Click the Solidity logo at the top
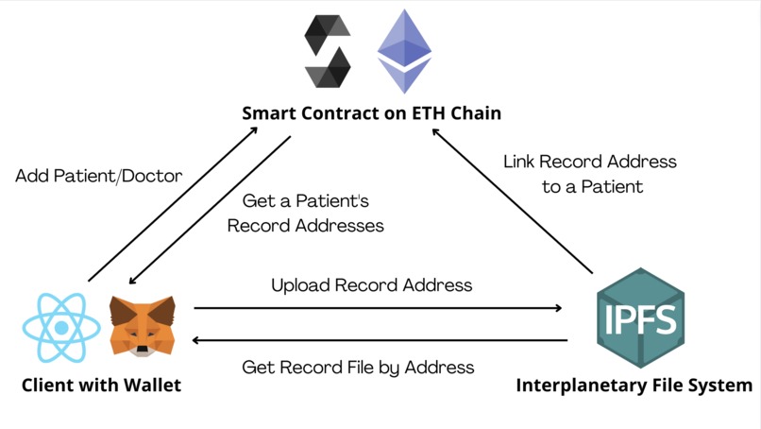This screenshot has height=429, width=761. click(x=328, y=52)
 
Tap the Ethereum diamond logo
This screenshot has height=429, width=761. click(x=404, y=51)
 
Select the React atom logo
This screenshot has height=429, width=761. click(x=60, y=327)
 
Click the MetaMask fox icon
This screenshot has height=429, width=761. click(x=143, y=325)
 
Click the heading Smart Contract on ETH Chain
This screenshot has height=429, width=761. click(x=371, y=113)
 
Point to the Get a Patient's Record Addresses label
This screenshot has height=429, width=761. click(x=306, y=214)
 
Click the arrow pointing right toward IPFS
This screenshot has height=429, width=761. click(x=378, y=307)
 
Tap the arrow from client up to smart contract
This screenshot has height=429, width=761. click(x=174, y=204)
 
